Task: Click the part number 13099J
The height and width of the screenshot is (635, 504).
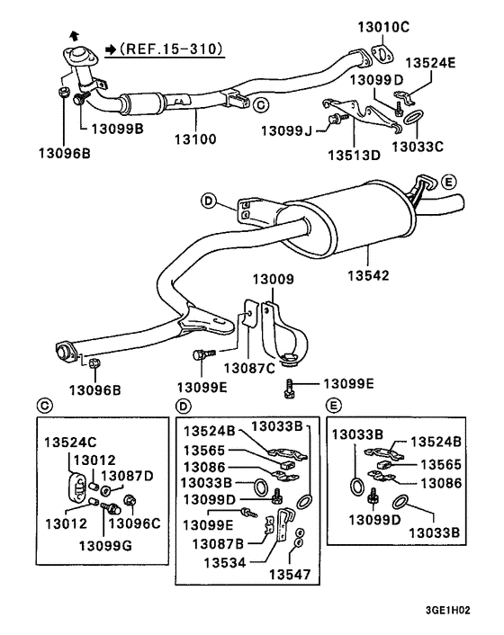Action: click(287, 130)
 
